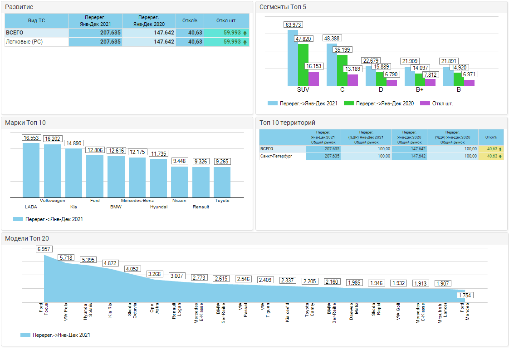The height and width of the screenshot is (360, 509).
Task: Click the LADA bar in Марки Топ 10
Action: pyautogui.click(x=31, y=170)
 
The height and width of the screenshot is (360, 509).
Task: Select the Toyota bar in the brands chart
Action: pyautogui.click(x=222, y=182)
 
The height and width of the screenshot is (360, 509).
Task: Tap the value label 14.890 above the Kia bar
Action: pyautogui.click(x=73, y=143)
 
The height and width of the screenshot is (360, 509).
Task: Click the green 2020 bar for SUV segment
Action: pyautogui.click(x=303, y=64)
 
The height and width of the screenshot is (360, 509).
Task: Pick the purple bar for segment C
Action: pyautogui.click(x=352, y=80)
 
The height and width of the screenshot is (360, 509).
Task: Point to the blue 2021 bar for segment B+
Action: pyautogui.click(x=410, y=76)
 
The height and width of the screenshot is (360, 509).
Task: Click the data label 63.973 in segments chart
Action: pyautogui.click(x=294, y=25)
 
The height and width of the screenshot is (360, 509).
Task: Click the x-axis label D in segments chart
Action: pyautogui.click(x=381, y=90)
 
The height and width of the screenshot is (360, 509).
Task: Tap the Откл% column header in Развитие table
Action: pyautogui.click(x=190, y=20)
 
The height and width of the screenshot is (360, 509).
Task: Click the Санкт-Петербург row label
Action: pyautogui.click(x=276, y=156)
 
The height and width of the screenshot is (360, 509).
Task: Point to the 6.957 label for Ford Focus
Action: pyautogui.click(x=44, y=249)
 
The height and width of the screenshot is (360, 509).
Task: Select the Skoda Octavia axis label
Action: pyautogui.click(x=132, y=311)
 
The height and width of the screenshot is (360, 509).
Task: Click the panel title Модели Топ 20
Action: pyautogui.click(x=27, y=238)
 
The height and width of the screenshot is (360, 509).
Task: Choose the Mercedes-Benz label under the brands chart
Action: pyautogui.click(x=137, y=200)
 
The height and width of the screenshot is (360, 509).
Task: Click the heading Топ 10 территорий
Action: pyautogui.click(x=287, y=123)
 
